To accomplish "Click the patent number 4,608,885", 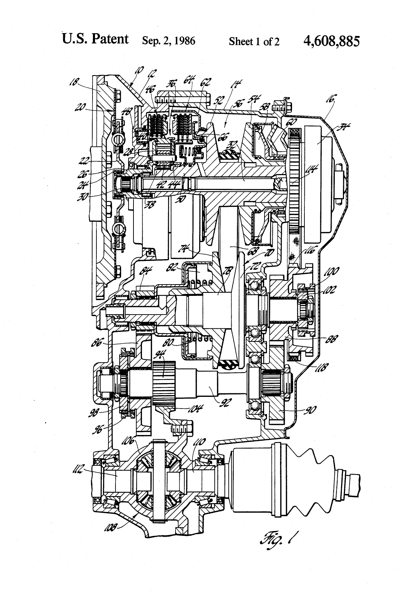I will point(331,41).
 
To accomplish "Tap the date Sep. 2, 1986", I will point(168,41).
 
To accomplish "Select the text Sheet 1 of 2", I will point(254,42).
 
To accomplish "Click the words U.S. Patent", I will point(95,39).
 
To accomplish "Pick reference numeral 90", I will point(310,410).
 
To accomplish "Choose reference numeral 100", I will point(331,272).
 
